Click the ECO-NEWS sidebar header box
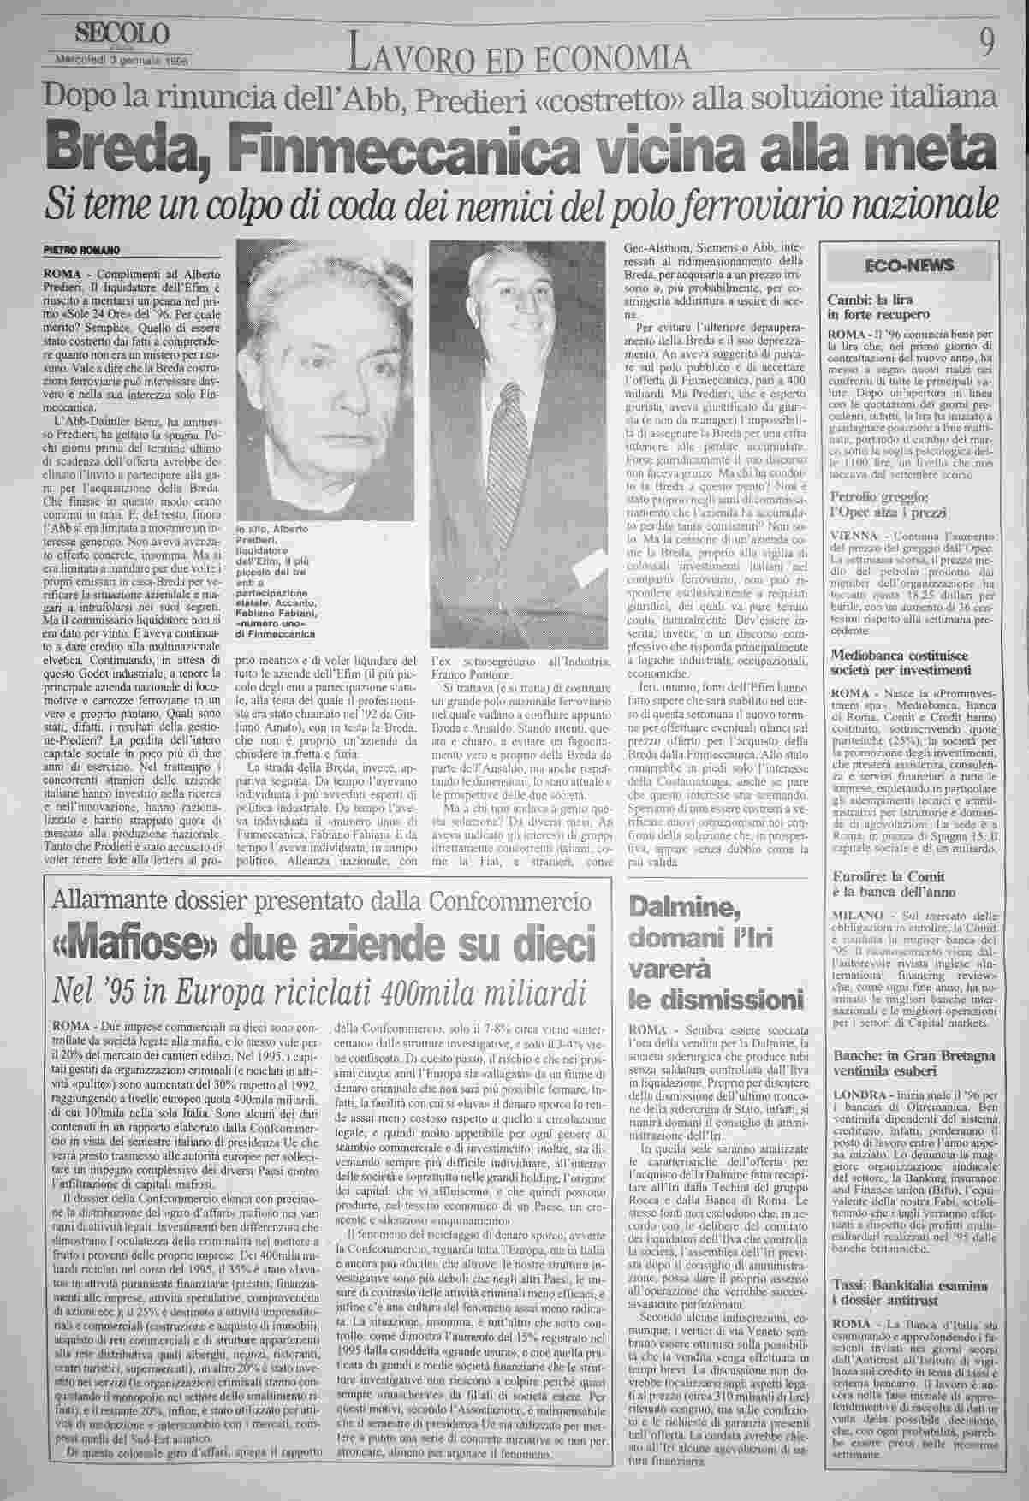908,265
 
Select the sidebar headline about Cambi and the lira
871,306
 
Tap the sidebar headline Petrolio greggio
886,504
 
